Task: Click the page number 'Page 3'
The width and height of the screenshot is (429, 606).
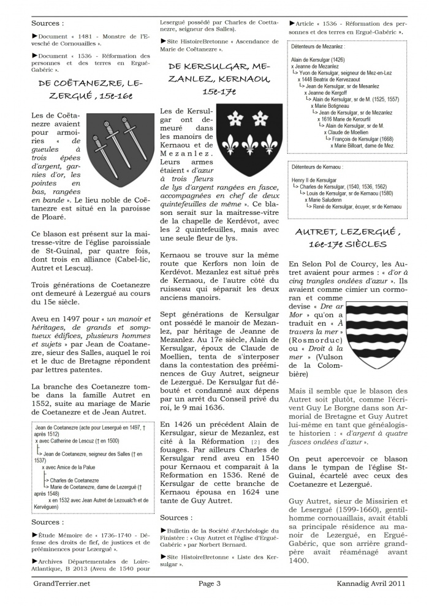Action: (x=210, y=583)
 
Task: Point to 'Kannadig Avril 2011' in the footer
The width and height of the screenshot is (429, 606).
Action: (x=371, y=583)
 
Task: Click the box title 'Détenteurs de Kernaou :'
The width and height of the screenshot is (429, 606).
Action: (x=318, y=166)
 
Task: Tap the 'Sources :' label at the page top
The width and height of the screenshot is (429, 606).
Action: (x=48, y=23)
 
